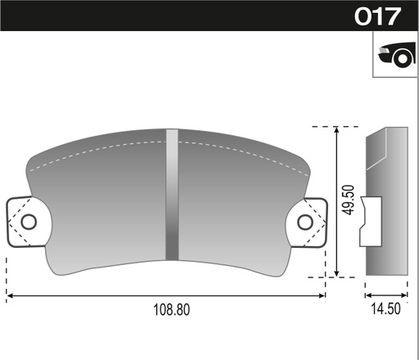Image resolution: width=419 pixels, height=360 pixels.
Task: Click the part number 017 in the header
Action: (x=378, y=16)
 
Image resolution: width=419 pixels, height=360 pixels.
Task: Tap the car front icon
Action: (x=397, y=54)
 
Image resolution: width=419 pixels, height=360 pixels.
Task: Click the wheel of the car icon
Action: (x=403, y=59)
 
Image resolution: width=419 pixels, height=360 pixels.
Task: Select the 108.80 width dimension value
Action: (x=172, y=310)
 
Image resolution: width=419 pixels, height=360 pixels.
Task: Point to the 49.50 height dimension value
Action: (x=348, y=200)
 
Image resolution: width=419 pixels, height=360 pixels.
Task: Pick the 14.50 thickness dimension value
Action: (x=385, y=308)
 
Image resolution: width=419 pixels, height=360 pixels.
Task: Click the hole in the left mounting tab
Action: (x=29, y=222)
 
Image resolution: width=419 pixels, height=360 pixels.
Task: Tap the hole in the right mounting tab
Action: (x=305, y=222)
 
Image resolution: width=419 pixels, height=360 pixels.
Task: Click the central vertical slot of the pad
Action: (x=172, y=195)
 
